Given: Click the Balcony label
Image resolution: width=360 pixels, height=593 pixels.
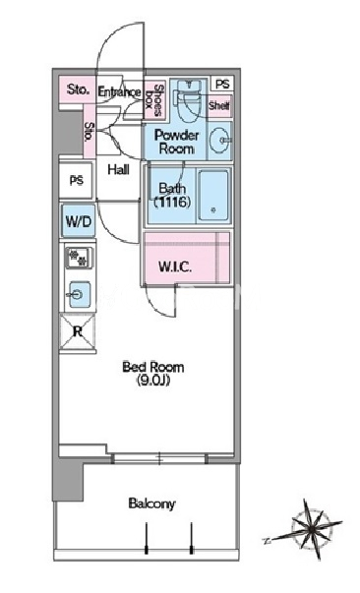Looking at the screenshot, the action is click(152, 504).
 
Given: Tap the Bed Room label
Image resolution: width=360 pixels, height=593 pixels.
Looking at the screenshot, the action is click(153, 367).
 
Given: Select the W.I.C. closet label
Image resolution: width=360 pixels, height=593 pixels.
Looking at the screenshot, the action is click(175, 267).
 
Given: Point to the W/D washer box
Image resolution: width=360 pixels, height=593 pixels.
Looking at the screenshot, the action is click(79, 221).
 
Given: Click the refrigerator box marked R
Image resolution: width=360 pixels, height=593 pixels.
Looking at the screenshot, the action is click(78, 332).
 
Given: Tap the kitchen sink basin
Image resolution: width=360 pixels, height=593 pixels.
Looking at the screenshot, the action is click(79, 294).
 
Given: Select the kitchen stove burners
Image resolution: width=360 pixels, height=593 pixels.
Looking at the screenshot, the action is click(79, 258).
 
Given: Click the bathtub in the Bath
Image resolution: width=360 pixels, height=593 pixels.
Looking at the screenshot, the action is click(213, 196).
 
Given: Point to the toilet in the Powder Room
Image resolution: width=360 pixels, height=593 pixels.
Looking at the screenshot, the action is click(188, 100).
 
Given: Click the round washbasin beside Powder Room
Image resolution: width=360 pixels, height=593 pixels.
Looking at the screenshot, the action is click(219, 140).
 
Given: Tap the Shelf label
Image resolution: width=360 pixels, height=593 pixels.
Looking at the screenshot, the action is click(219, 105).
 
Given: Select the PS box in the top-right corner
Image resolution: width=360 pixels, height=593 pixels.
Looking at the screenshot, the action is click(222, 84).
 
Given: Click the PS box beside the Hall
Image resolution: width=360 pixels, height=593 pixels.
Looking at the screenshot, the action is click(76, 180).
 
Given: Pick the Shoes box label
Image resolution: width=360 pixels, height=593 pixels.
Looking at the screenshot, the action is click(154, 99).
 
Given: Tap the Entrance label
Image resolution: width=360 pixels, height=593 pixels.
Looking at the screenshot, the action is click(119, 91).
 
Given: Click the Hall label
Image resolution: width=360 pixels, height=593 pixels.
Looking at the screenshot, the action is click(118, 169).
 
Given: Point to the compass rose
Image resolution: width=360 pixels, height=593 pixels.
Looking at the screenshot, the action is click(310, 528).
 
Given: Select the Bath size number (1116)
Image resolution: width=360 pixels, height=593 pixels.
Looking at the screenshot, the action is click(171, 203).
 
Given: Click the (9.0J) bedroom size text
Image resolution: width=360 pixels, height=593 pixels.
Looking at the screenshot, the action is click(153, 380).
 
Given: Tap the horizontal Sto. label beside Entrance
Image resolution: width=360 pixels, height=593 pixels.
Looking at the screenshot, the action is click(79, 89).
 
